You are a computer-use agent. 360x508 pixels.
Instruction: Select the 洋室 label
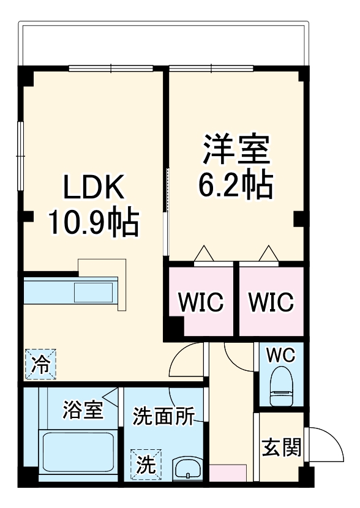point(236,151)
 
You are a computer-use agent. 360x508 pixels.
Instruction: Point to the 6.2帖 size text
point(236,184)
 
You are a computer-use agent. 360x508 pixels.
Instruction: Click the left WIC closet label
point(201,302)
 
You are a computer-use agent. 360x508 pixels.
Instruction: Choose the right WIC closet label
point(271,302)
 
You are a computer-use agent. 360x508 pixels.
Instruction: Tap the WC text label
point(281,354)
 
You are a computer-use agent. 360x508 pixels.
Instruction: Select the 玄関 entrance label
point(282,447)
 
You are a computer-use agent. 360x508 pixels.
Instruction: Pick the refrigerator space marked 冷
point(40,365)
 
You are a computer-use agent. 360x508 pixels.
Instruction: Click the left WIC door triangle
point(203,253)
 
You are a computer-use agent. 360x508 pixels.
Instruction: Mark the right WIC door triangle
point(268,253)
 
